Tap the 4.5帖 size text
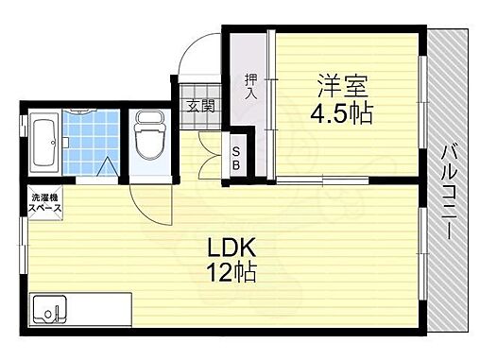pyautogui.click(x=341, y=114)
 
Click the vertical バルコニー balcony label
pyautogui.click(x=452, y=188)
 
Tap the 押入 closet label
pyautogui.click(x=250, y=87)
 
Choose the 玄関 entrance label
pyautogui.click(x=198, y=106)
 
